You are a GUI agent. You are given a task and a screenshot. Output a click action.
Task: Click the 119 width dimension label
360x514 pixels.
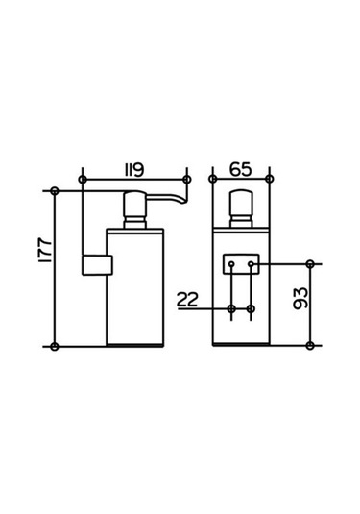(133, 171)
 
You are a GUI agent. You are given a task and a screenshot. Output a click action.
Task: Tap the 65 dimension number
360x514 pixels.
(241, 171)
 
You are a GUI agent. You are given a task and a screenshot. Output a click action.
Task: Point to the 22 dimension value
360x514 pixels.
(188, 300)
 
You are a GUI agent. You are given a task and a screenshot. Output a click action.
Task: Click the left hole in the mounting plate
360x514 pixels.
(231, 262)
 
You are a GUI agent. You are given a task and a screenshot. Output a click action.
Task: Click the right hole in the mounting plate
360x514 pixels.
(251, 262)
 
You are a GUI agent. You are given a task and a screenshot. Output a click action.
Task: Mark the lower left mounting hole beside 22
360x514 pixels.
(231, 309)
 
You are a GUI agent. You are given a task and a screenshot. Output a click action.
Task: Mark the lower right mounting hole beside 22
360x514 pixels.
(251, 309)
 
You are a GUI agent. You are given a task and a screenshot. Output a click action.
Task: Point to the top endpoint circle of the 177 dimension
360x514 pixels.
(55, 188)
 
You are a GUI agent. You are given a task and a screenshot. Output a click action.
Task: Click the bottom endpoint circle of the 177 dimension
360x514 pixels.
(55, 345)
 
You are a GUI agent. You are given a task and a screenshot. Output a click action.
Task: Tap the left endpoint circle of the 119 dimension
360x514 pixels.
(84, 180)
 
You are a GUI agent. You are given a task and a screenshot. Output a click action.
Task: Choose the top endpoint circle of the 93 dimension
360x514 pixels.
(310, 263)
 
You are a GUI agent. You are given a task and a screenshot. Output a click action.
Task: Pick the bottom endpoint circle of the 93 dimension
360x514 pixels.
(310, 345)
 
